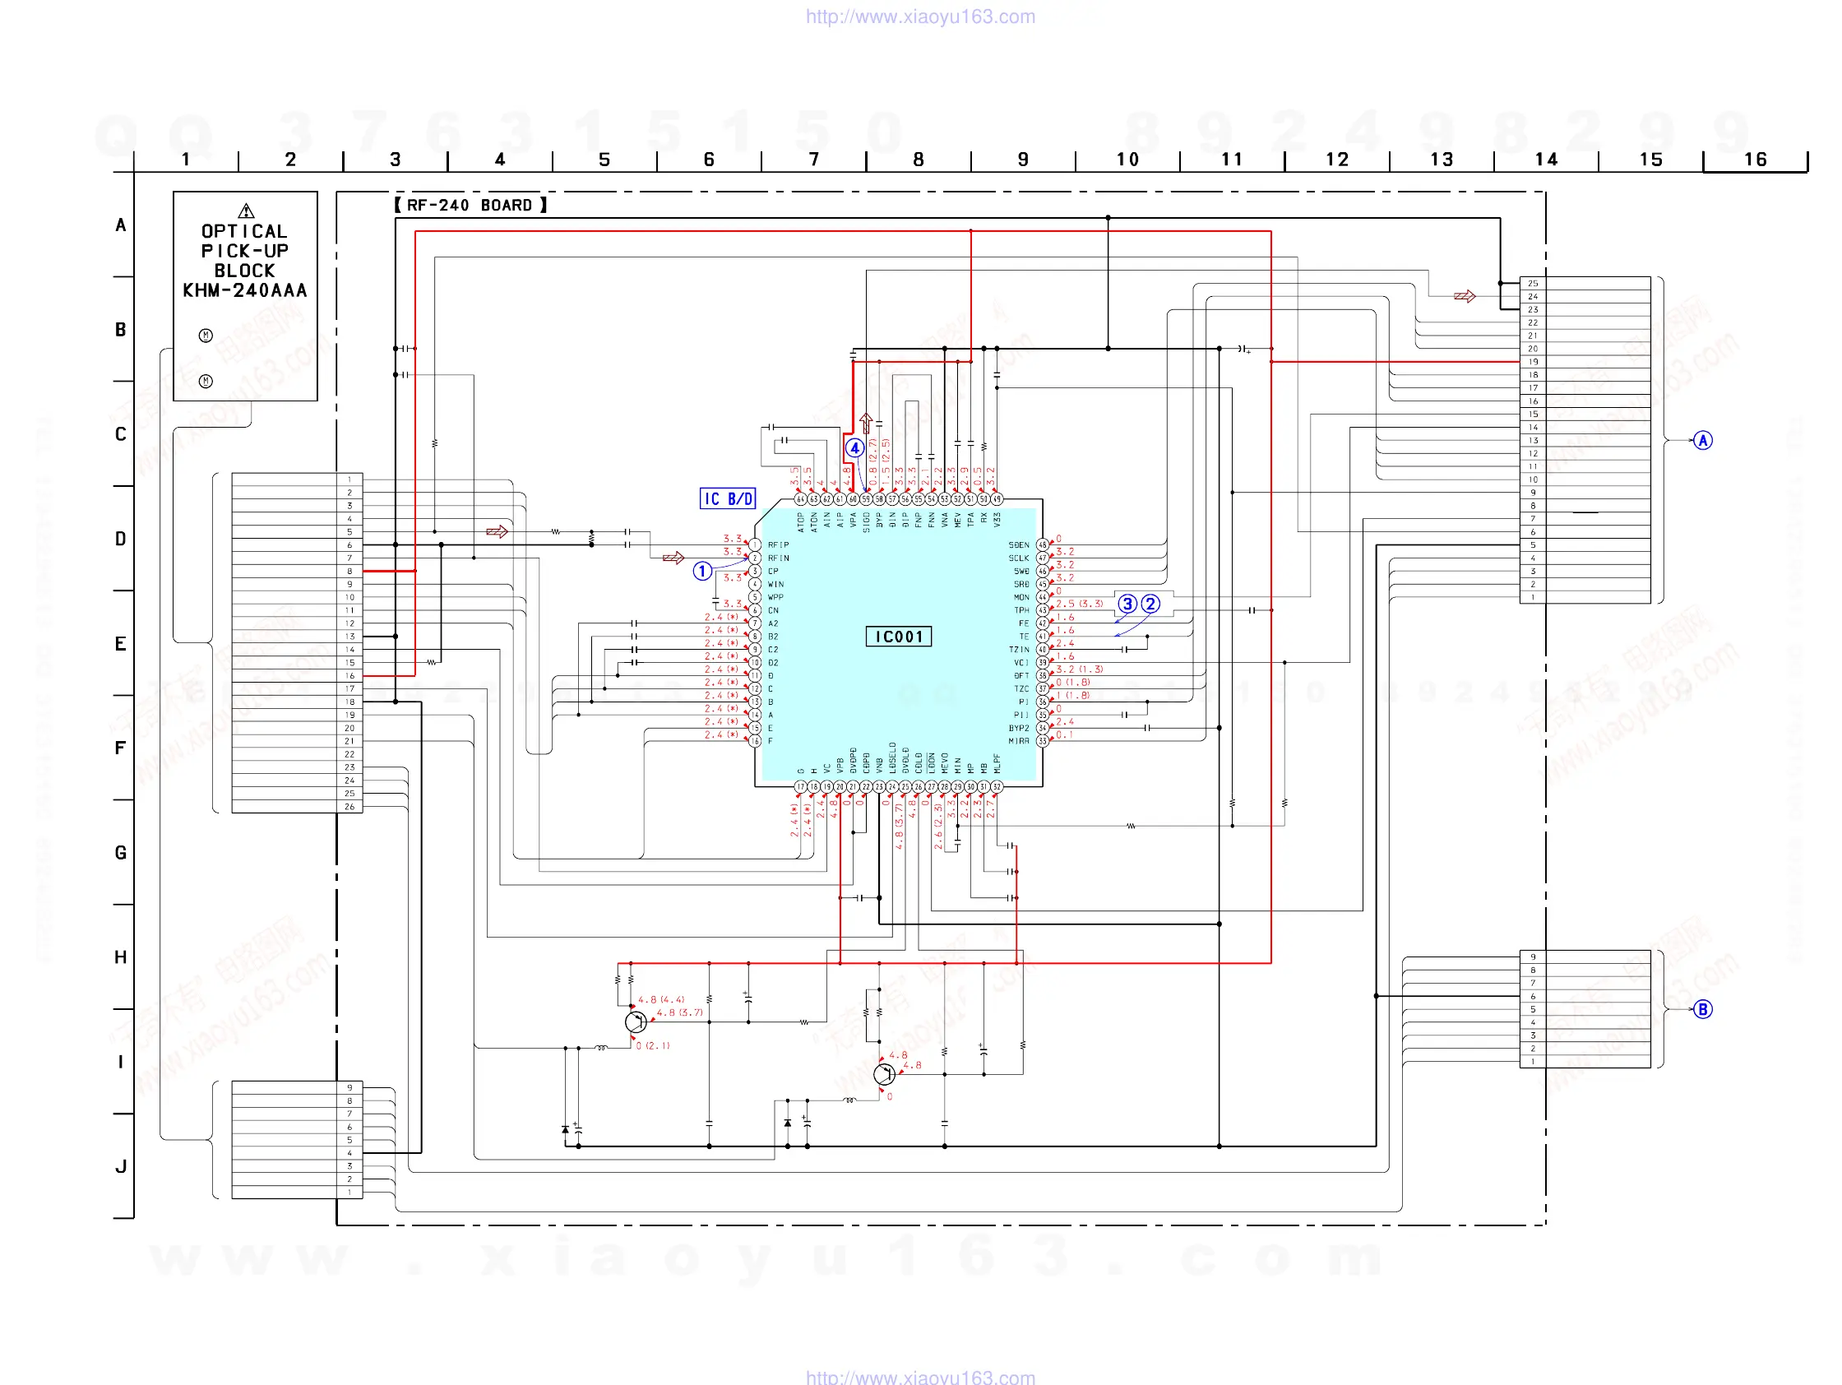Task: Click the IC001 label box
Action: tap(899, 637)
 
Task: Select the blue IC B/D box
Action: tap(727, 498)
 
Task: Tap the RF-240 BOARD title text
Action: tap(470, 205)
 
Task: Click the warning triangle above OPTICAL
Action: tap(246, 211)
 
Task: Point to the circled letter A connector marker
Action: tap(1703, 440)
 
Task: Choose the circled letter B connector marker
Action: tap(1703, 1009)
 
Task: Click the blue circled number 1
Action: tap(702, 571)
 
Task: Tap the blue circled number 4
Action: tap(854, 448)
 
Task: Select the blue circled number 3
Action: tap(1127, 604)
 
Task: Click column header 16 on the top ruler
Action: tap(1756, 159)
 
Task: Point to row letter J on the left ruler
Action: tap(121, 1166)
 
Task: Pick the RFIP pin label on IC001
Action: tap(778, 544)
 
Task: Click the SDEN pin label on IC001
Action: tap(1018, 544)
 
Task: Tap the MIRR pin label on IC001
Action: tap(1018, 740)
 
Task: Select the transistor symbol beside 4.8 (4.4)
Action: tap(636, 1021)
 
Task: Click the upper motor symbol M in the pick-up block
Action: tap(206, 336)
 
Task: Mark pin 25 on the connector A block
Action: tap(1532, 283)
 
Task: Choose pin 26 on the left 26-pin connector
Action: tap(349, 806)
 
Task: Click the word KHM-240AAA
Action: tap(245, 290)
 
